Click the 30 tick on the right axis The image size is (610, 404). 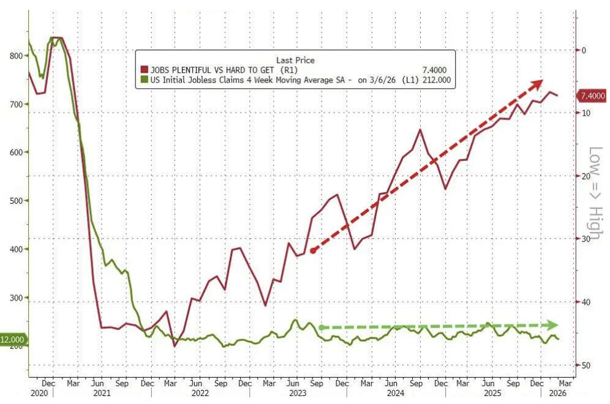[586, 239]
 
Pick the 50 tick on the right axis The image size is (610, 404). [586, 365]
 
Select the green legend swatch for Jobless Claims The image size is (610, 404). [145, 80]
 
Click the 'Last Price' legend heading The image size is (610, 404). [295, 60]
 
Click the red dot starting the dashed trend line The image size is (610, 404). [313, 250]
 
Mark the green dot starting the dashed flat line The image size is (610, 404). [321, 327]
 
